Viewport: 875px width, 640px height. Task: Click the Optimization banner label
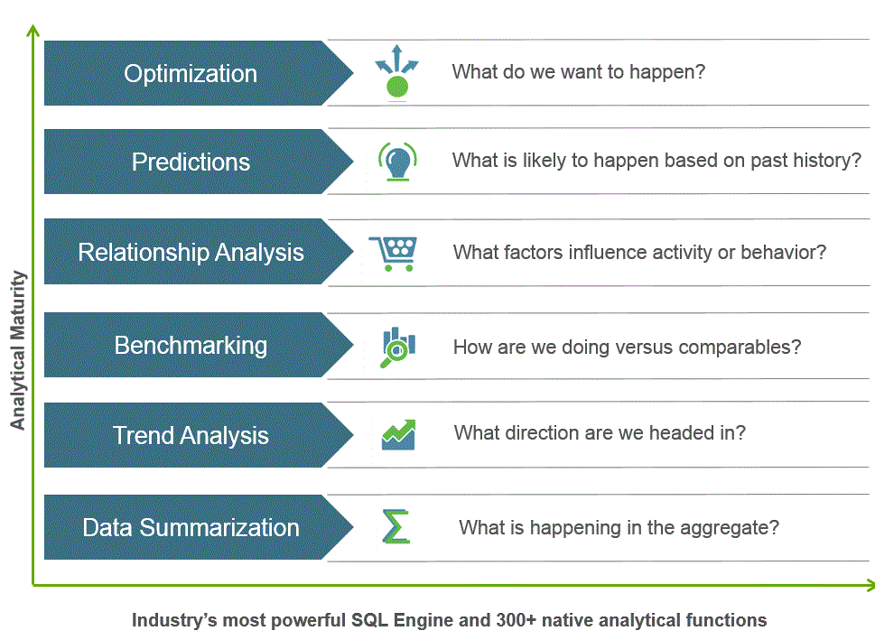pos(191,74)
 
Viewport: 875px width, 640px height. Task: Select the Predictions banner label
pos(191,162)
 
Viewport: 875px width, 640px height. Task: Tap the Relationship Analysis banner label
pos(191,252)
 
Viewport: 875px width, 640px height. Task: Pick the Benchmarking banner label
pos(191,346)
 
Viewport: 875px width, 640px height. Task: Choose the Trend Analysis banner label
pos(191,435)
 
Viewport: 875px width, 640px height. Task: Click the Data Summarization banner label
pos(191,527)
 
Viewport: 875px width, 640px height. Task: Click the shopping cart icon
pos(394,254)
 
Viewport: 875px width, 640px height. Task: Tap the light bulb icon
pos(397,162)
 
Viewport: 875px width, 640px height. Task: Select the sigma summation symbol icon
pos(396,526)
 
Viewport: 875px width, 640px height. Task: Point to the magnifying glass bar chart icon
pos(397,347)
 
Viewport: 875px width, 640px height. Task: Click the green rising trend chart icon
pos(398,435)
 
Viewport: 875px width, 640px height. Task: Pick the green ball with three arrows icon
pos(396,71)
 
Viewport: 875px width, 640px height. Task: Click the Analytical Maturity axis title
pos(18,350)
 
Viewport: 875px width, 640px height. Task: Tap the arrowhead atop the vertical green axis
pos(33,29)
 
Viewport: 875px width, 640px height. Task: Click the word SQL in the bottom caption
pos(368,620)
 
